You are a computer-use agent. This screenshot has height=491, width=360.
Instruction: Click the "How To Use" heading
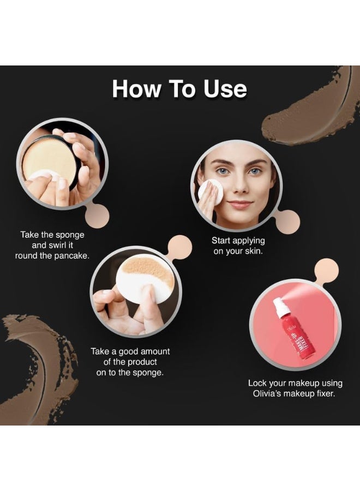click(x=179, y=89)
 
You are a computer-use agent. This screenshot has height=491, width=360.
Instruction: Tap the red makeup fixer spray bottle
click(x=285, y=336)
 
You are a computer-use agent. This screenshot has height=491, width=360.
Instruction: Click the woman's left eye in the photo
click(x=255, y=171)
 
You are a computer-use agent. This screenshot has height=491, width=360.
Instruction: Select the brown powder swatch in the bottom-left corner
click(x=38, y=366)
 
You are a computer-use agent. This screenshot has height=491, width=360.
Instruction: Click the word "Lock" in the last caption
click(x=259, y=383)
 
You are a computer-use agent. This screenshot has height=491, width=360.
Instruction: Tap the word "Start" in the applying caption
click(x=221, y=240)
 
